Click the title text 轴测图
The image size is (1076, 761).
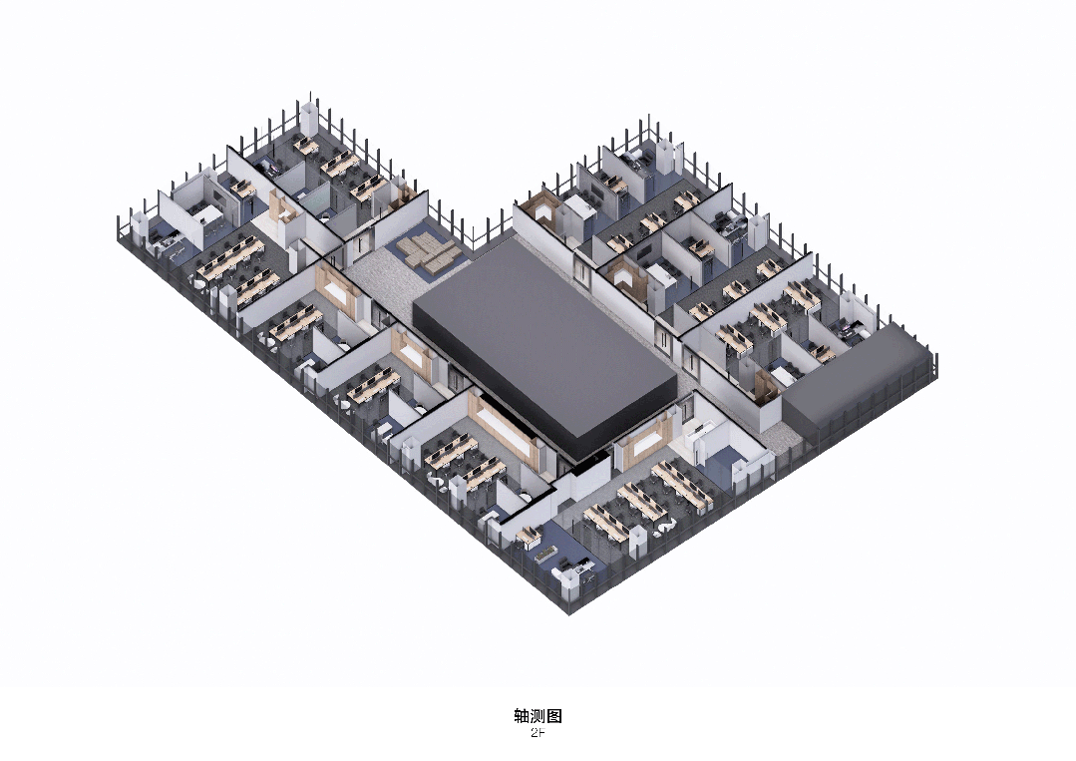538,716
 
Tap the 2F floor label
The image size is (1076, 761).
538,733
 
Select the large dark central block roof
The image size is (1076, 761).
544,341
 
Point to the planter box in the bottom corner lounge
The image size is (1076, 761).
545,551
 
